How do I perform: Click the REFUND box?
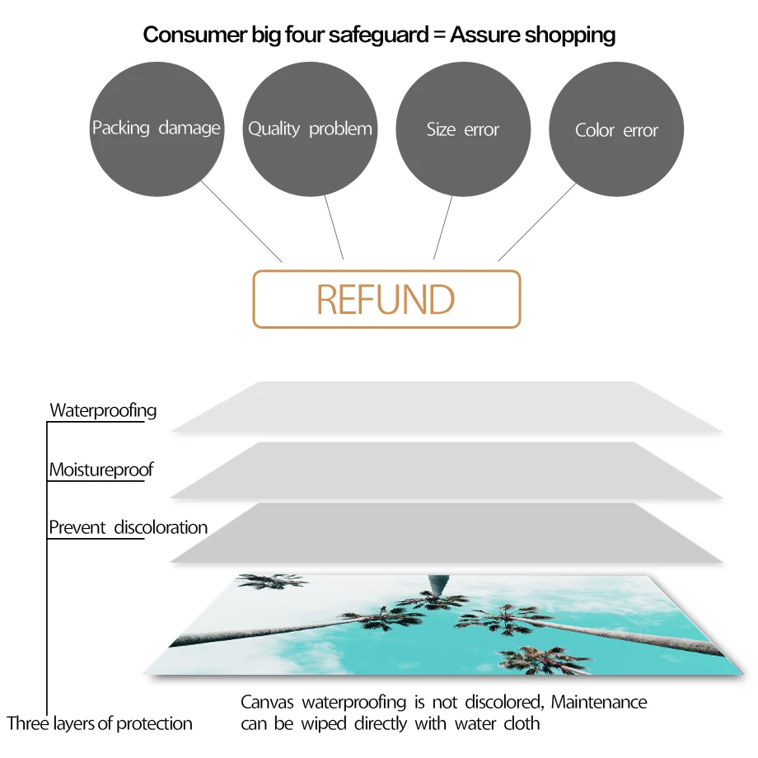386,299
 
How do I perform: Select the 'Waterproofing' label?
103,409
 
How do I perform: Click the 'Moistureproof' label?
101,470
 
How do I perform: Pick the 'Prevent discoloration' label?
128,527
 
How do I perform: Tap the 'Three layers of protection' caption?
100,723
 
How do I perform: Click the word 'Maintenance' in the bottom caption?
599,703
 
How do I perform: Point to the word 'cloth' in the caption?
522,724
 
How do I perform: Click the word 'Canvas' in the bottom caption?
267,703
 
